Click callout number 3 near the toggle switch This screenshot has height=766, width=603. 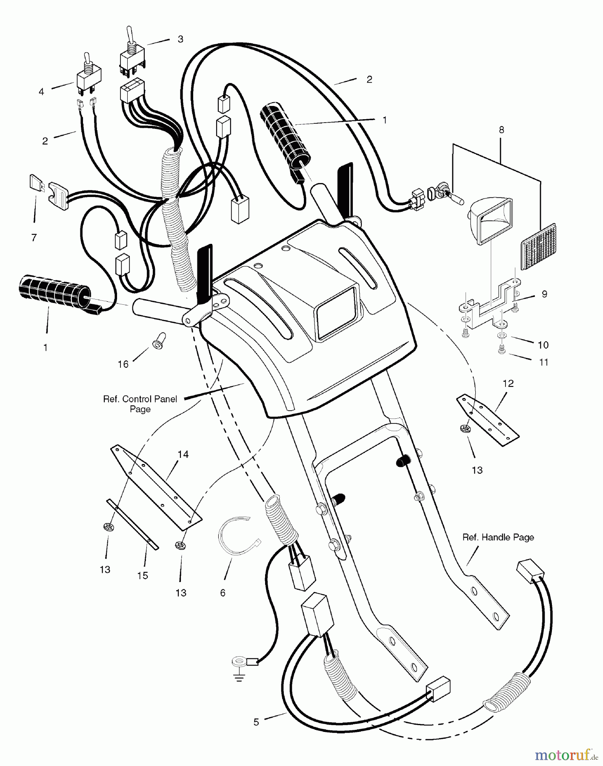click(180, 39)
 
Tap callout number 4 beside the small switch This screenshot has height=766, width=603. click(41, 91)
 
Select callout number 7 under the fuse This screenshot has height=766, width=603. click(34, 237)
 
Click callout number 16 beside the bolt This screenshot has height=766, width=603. click(123, 364)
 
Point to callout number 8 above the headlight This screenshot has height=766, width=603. click(501, 130)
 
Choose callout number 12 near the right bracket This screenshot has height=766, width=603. click(508, 383)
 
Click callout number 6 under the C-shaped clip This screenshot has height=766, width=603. click(223, 593)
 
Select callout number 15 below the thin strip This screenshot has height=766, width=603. click(143, 575)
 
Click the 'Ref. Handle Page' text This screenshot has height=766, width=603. click(498, 537)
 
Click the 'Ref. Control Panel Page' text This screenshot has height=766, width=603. click(140, 404)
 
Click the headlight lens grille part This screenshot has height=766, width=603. click(538, 247)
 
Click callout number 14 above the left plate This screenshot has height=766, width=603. click(183, 454)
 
